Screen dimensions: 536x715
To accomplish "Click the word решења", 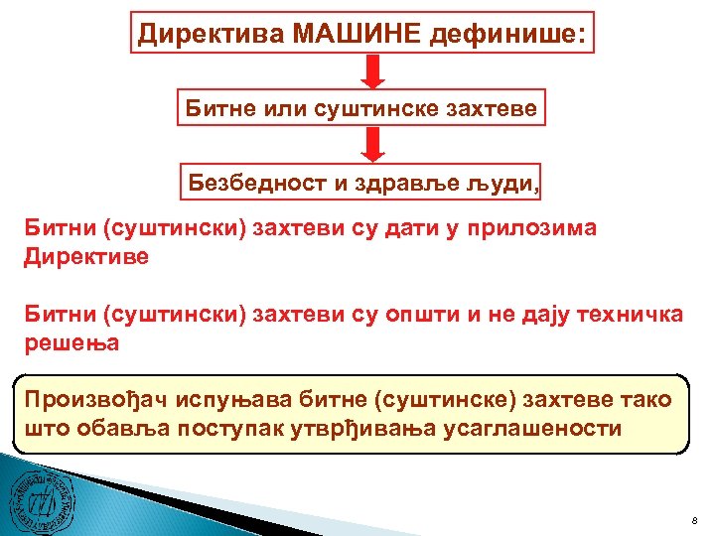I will [71, 343].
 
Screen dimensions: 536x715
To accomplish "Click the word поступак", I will [283, 429].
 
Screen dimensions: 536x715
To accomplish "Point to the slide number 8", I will [695, 520].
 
